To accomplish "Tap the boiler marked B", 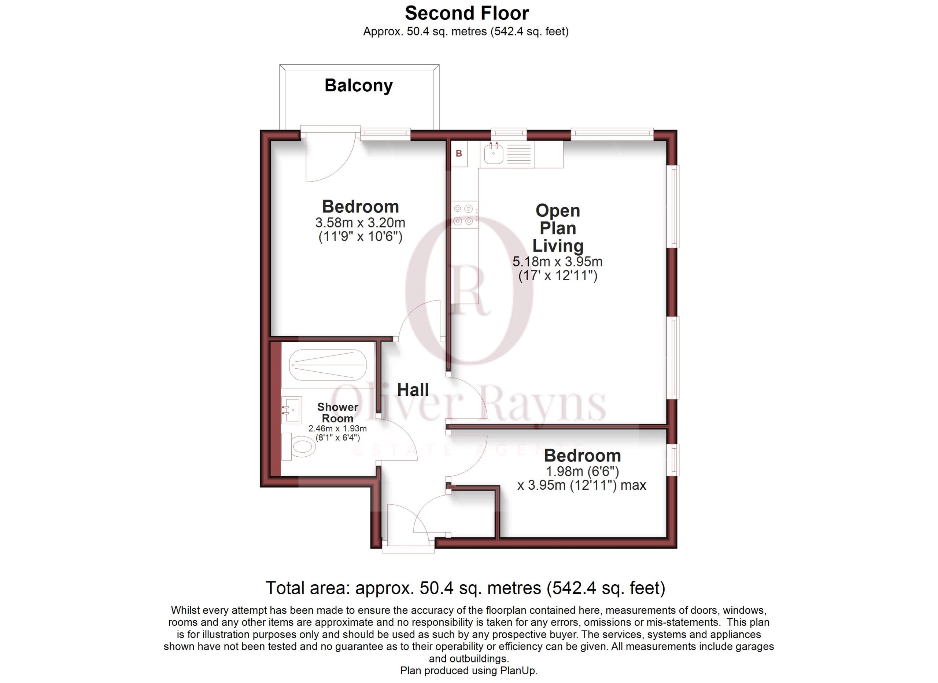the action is (459, 154).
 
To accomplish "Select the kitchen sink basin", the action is (494, 154).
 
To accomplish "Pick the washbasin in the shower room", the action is (292, 409).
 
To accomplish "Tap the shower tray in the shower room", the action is (328, 365).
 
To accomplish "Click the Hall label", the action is (413, 390).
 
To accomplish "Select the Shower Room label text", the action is (337, 413).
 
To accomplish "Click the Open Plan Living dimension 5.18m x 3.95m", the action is (558, 262).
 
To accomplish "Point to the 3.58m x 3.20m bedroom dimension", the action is (360, 223).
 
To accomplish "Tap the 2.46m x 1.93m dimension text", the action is (337, 428).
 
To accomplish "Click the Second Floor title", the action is (467, 13).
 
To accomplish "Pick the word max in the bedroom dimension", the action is (633, 485).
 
